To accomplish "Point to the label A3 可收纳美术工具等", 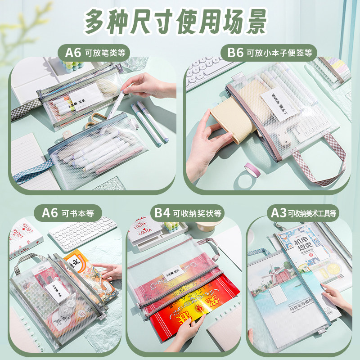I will click(304, 212).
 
